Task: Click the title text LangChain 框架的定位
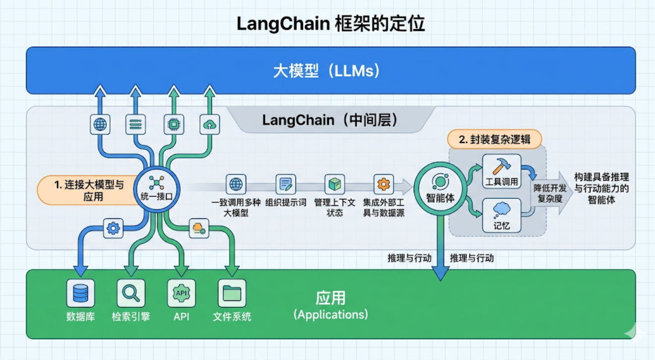pyautogui.click(x=330, y=24)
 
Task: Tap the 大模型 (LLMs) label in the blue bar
pyautogui.click(x=327, y=71)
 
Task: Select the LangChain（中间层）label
pyautogui.click(x=330, y=120)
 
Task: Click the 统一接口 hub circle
pyautogui.click(x=156, y=189)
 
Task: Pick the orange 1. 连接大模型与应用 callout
pyautogui.click(x=88, y=190)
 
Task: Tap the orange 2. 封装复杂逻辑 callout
pyautogui.click(x=494, y=139)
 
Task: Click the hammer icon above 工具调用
pyautogui.click(x=502, y=166)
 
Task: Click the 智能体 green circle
pyautogui.click(x=440, y=189)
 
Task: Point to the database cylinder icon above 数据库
pyautogui.click(x=80, y=293)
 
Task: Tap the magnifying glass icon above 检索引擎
pyautogui.click(x=131, y=293)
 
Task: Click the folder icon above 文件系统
pyautogui.click(x=232, y=293)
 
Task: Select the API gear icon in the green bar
pyautogui.click(x=181, y=293)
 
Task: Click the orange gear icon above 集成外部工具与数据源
pyautogui.click(x=384, y=184)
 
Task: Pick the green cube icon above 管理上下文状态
pyautogui.click(x=334, y=184)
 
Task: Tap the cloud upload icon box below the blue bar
pyautogui.click(x=209, y=124)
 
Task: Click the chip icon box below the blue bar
pyautogui.click(x=174, y=124)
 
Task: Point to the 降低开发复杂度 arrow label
pyautogui.click(x=550, y=193)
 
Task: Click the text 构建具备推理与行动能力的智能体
pyautogui.click(x=601, y=188)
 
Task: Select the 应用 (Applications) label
pyautogui.click(x=330, y=305)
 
